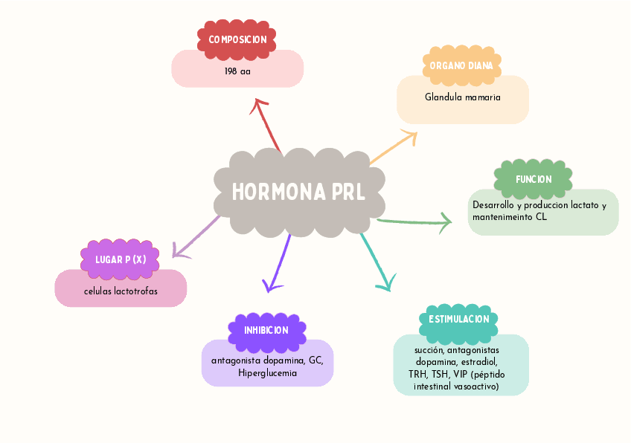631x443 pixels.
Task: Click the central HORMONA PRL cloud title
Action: tap(299, 193)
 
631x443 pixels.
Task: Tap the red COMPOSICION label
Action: tap(237, 39)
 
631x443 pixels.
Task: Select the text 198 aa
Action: tap(237, 71)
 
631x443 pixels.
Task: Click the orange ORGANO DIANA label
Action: tap(461, 65)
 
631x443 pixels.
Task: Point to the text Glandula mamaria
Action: tap(463, 97)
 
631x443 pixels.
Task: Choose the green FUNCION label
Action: tap(534, 179)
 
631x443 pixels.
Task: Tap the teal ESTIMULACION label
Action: tap(459, 319)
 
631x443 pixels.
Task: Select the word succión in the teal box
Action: tap(429, 349)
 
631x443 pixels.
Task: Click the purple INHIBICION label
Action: tap(266, 330)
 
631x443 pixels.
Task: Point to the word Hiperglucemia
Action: tap(268, 372)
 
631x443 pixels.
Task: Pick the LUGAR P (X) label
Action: tap(121, 259)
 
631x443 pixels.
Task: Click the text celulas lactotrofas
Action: tap(121, 291)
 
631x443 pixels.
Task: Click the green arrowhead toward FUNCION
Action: tap(446, 221)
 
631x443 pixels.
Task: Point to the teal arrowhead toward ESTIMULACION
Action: tap(385, 283)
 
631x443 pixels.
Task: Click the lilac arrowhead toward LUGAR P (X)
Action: tap(177, 251)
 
